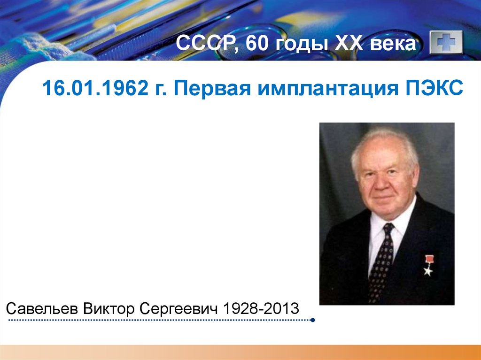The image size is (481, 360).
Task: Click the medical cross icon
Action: (446, 44)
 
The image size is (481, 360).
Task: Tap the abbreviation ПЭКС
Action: (433, 88)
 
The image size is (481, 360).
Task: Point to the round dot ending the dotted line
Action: (313, 321)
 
